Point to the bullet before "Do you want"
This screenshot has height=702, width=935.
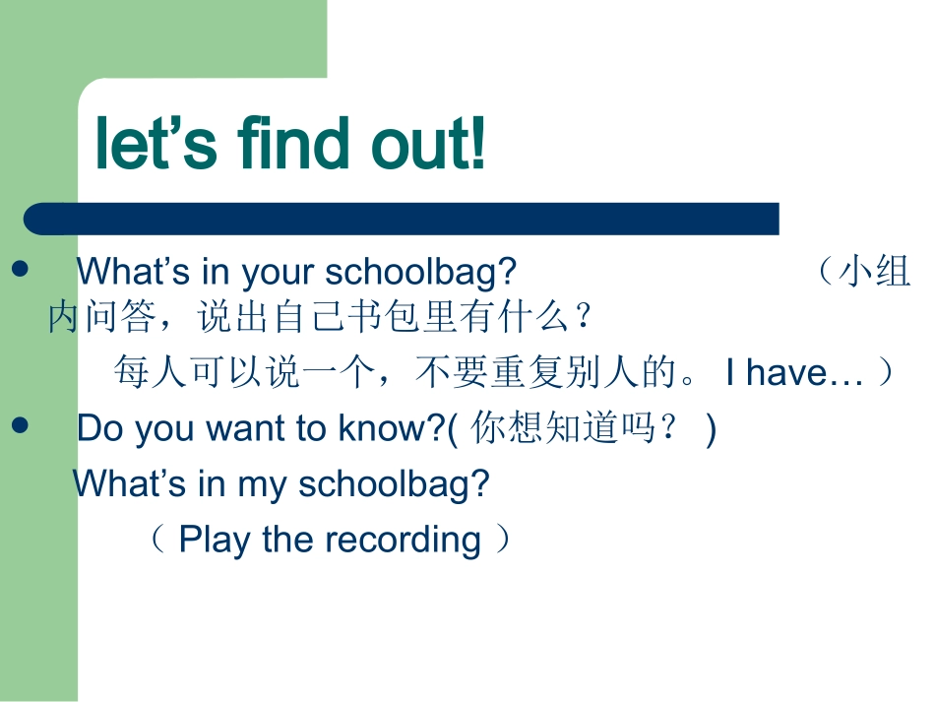click(20, 424)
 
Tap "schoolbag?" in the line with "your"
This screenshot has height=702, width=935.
click(420, 272)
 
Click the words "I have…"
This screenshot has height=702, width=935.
click(795, 373)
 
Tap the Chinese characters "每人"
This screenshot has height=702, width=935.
click(150, 373)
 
